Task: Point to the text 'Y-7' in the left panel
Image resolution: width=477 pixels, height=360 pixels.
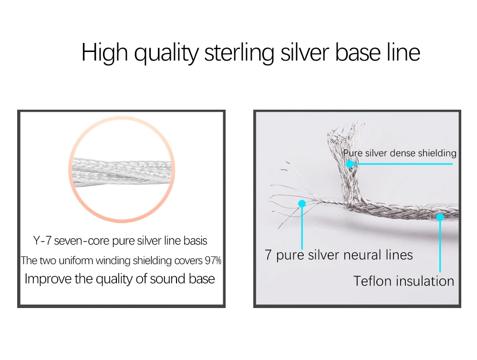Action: point(42,241)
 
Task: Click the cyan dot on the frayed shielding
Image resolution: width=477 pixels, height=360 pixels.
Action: point(350,164)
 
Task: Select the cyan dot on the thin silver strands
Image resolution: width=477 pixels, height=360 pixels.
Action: point(301,204)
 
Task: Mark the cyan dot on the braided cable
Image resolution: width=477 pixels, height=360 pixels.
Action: point(440,217)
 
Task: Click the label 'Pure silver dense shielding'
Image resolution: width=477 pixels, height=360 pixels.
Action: point(400,153)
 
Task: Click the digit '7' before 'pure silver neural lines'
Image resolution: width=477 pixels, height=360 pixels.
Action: point(268,255)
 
